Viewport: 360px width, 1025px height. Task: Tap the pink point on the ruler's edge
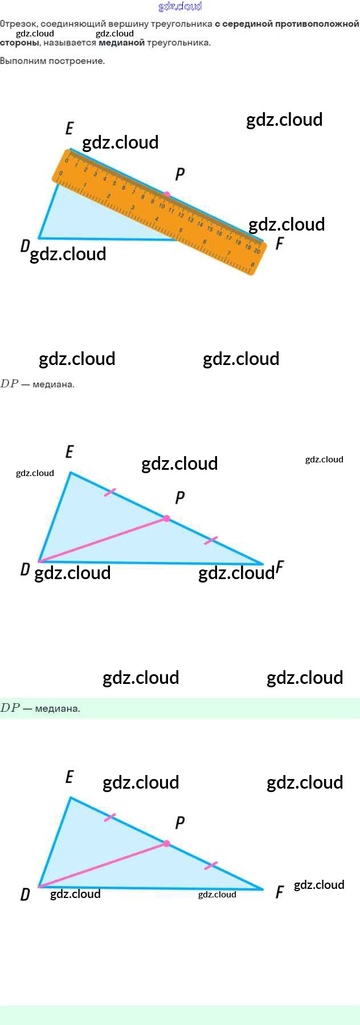pyautogui.click(x=166, y=195)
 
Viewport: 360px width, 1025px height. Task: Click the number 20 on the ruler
pyautogui.click(x=257, y=251)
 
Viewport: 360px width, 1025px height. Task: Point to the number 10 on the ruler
pyautogui.click(x=162, y=206)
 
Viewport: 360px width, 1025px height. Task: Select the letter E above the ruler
pyautogui.click(x=69, y=128)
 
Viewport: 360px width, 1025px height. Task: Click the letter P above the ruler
pyautogui.click(x=180, y=174)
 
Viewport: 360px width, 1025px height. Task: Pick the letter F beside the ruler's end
pyautogui.click(x=279, y=244)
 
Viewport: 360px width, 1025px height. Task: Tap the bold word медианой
pyautogui.click(x=121, y=43)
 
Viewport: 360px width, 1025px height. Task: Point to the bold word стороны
pyautogui.click(x=19, y=43)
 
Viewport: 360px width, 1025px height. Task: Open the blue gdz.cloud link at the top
pyautogui.click(x=180, y=6)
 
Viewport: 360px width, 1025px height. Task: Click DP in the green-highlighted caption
pyautogui.click(x=10, y=708)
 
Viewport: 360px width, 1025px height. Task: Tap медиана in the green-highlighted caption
pyautogui.click(x=57, y=709)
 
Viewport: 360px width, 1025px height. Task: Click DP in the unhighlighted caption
pyautogui.click(x=10, y=384)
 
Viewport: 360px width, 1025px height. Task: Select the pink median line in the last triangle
pyautogui.click(x=103, y=865)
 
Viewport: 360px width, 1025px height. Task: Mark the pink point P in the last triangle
pyautogui.click(x=166, y=843)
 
